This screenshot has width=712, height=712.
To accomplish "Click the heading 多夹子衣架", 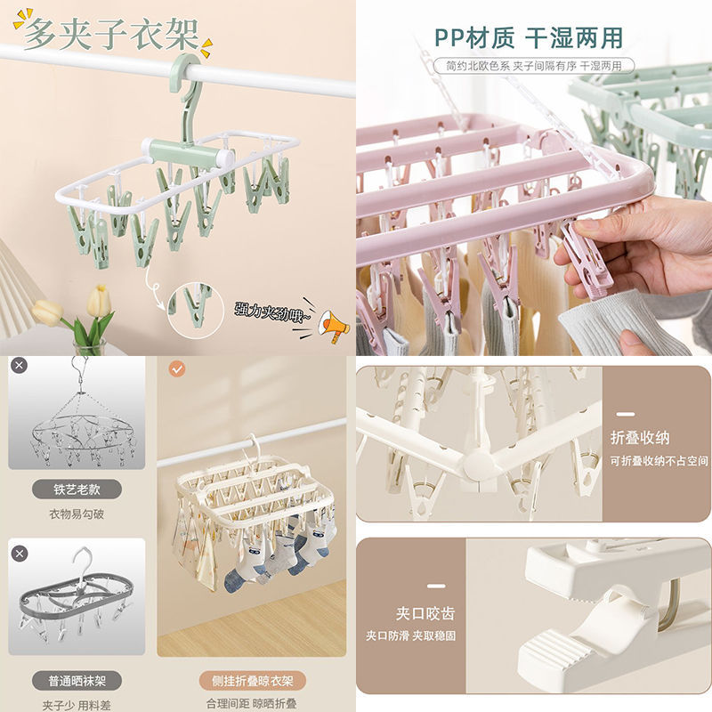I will pyautogui.click(x=112, y=34).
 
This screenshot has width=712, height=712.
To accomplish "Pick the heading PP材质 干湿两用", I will pyautogui.click(x=529, y=38).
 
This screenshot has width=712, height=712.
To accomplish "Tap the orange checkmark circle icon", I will pyautogui.click(x=177, y=368).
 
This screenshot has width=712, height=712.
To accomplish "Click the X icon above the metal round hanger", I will pyautogui.click(x=20, y=366).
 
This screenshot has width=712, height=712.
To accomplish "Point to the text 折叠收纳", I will pyautogui.click(x=639, y=438).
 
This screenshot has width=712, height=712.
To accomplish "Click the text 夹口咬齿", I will pyautogui.click(x=425, y=613).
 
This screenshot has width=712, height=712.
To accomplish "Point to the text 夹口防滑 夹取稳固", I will pyautogui.click(x=411, y=636).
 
